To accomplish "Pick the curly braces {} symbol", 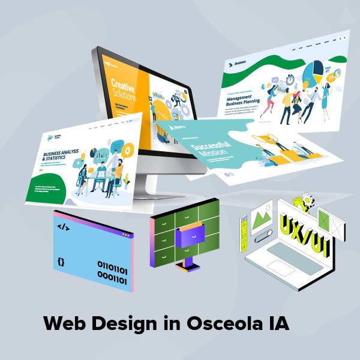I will tap(61, 262).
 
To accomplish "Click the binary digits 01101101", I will tap(112, 265).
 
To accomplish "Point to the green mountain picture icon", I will tap(262, 215).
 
